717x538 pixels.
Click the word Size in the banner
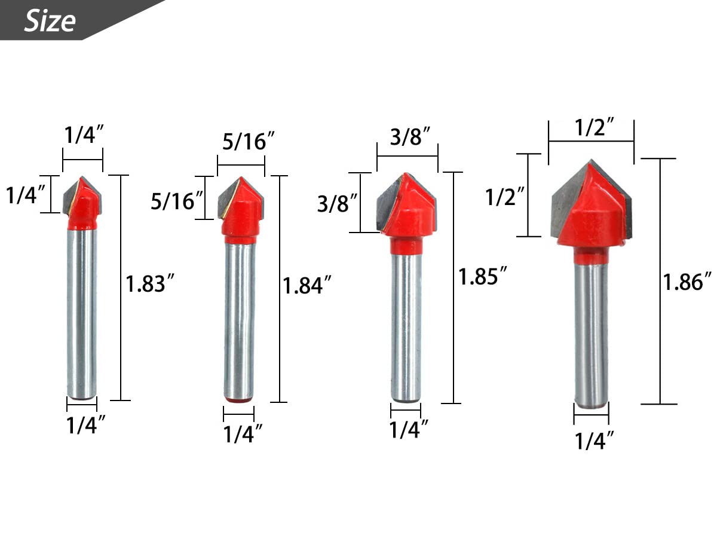tap(50, 21)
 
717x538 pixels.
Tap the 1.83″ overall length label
tap(150, 283)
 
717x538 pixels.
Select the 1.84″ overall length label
tap(307, 285)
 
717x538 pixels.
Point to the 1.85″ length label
tap(482, 276)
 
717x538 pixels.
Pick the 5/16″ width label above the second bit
tap(248, 141)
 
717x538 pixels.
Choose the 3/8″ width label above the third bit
tap(410, 136)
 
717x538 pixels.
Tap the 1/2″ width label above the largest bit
tap(594, 127)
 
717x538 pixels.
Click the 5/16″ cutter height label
tap(177, 201)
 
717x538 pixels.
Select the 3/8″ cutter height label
tap(338, 203)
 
